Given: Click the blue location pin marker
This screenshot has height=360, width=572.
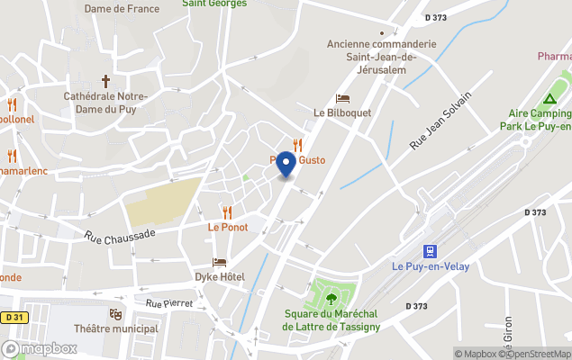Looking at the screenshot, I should (x=286, y=165).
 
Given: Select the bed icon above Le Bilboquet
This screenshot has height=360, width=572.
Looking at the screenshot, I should (x=342, y=98).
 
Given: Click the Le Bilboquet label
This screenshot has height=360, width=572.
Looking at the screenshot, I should (x=338, y=113).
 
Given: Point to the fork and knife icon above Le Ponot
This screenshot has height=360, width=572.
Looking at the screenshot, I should (x=227, y=212).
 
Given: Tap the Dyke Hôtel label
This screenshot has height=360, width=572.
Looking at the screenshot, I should (x=221, y=275).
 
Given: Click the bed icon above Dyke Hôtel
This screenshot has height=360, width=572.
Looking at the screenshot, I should (x=220, y=261).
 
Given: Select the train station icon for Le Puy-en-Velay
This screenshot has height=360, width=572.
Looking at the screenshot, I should (x=431, y=251).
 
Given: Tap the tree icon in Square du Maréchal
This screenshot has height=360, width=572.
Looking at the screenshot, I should (x=331, y=298).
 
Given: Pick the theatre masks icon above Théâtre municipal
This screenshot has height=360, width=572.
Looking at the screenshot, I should (x=115, y=314).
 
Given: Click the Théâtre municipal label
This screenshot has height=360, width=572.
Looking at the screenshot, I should (x=115, y=328).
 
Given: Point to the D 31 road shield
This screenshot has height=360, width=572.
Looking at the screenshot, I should (x=13, y=317).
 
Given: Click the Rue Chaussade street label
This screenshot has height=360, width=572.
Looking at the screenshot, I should (x=120, y=236).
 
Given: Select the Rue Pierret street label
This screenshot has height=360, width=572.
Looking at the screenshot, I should (x=168, y=303).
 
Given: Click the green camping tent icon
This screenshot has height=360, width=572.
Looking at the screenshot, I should (x=549, y=98).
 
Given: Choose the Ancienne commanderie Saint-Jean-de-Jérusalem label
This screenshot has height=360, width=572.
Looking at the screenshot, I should (x=381, y=56).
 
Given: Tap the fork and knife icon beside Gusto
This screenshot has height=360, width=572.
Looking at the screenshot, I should (x=297, y=144).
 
